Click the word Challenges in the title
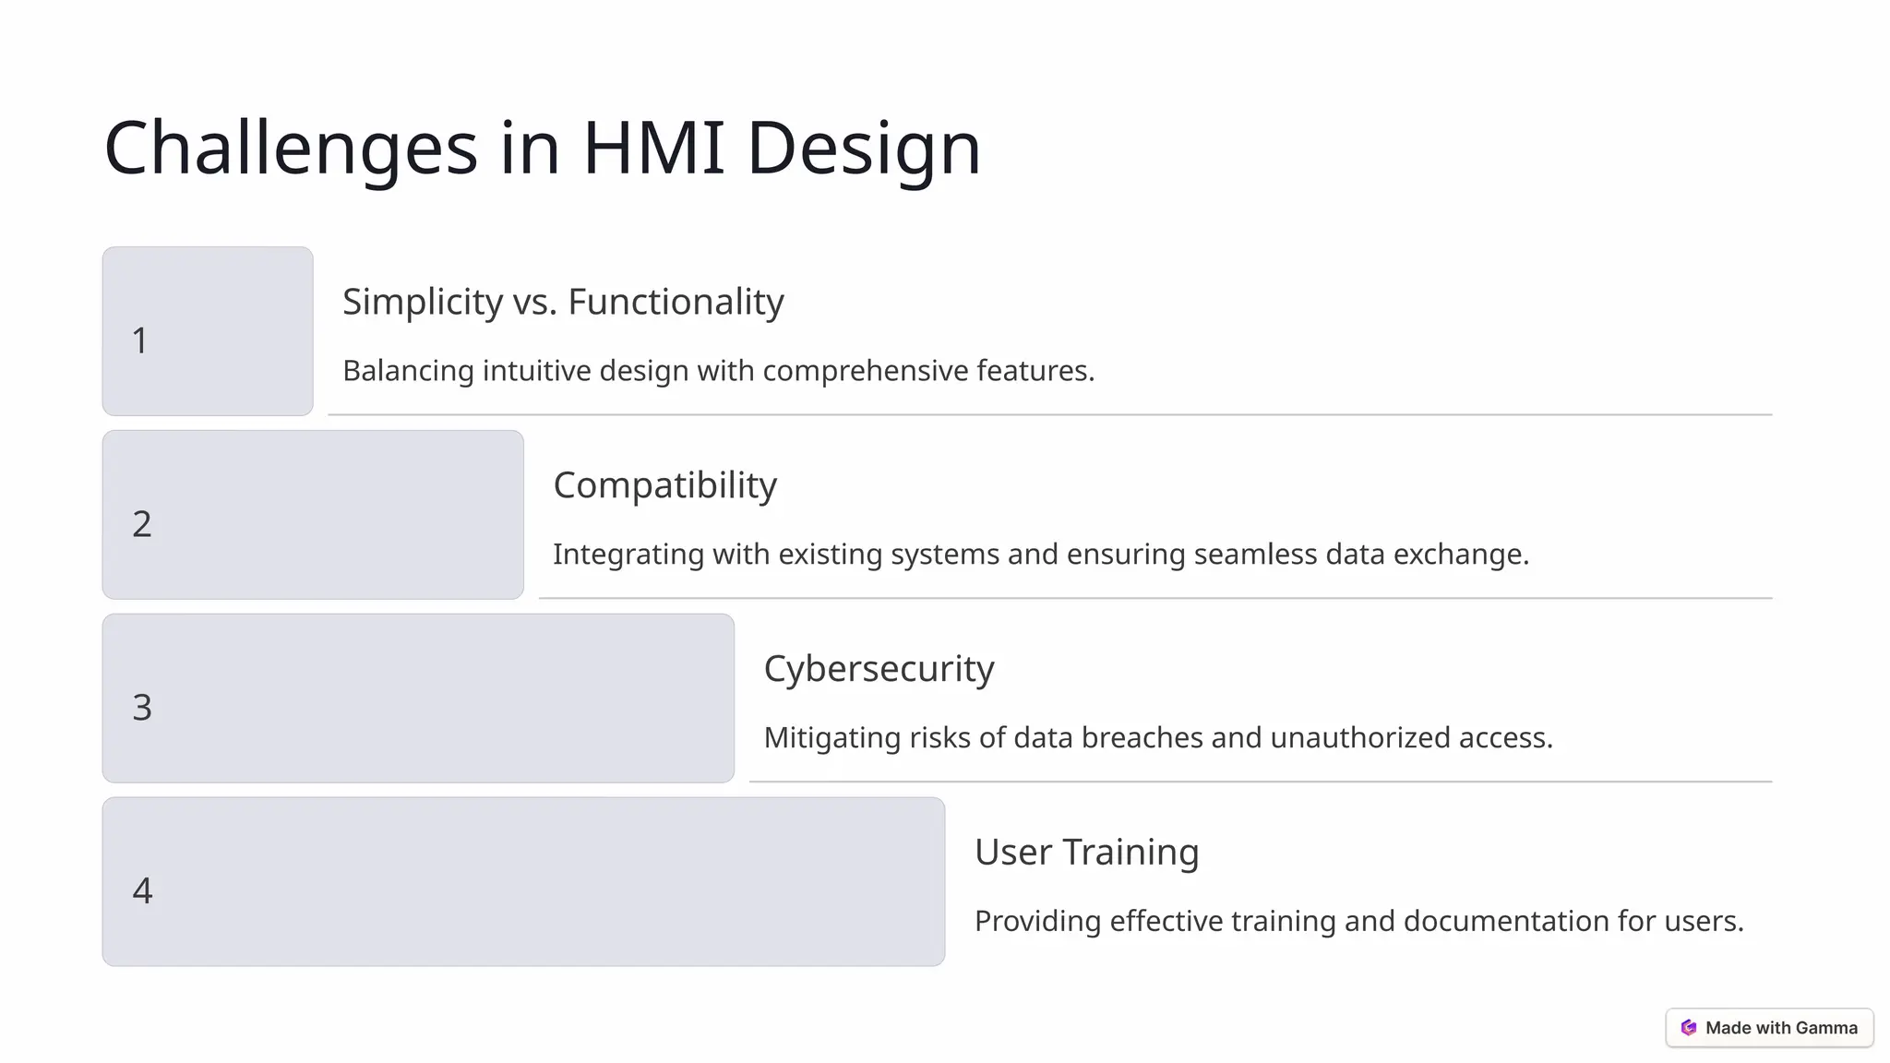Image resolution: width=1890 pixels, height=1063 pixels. (291, 149)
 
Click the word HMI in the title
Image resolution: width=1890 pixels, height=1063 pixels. (653, 148)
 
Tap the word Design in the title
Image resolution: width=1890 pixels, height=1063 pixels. (863, 149)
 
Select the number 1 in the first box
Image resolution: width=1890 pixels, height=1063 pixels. (140, 340)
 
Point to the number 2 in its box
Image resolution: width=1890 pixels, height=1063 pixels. (141, 524)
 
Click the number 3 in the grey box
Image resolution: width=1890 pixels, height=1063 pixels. (141, 708)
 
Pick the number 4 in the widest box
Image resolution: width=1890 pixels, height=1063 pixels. (142, 891)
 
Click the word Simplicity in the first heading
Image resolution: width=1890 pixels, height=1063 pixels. (423, 303)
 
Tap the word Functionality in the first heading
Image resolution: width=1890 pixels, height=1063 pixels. (676, 303)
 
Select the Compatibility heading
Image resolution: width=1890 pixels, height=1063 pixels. (664, 486)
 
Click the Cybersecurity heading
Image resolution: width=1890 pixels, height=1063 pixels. (879, 670)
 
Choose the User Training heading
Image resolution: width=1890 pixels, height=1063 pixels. (1086, 853)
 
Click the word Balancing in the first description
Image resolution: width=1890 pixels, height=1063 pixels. (408, 371)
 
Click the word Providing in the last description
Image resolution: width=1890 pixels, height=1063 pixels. (1037, 922)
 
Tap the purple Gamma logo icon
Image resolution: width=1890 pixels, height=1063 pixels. (1689, 1028)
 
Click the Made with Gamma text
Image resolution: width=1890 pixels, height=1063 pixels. (1781, 1028)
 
